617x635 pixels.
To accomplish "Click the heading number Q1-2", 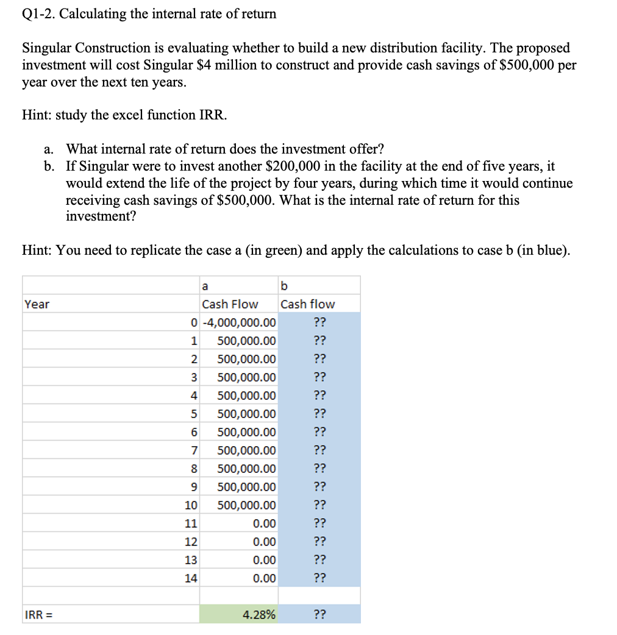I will [38, 14].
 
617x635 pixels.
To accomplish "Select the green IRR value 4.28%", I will [259, 615].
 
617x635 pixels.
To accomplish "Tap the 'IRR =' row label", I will [38, 615].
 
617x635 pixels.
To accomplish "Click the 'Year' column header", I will [37, 304].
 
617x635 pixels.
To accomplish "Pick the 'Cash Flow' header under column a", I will [230, 304].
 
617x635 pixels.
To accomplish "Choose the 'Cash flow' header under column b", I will [307, 304].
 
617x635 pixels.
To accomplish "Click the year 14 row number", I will [191, 578].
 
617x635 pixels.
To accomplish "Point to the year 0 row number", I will [194, 322].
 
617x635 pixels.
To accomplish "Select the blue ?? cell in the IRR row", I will [319, 615].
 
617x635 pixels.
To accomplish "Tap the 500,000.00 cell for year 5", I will [246, 414].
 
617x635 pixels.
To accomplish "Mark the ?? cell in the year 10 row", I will [319, 505].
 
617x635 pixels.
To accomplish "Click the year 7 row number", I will [194, 450].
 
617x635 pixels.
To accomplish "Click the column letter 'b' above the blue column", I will [284, 286].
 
